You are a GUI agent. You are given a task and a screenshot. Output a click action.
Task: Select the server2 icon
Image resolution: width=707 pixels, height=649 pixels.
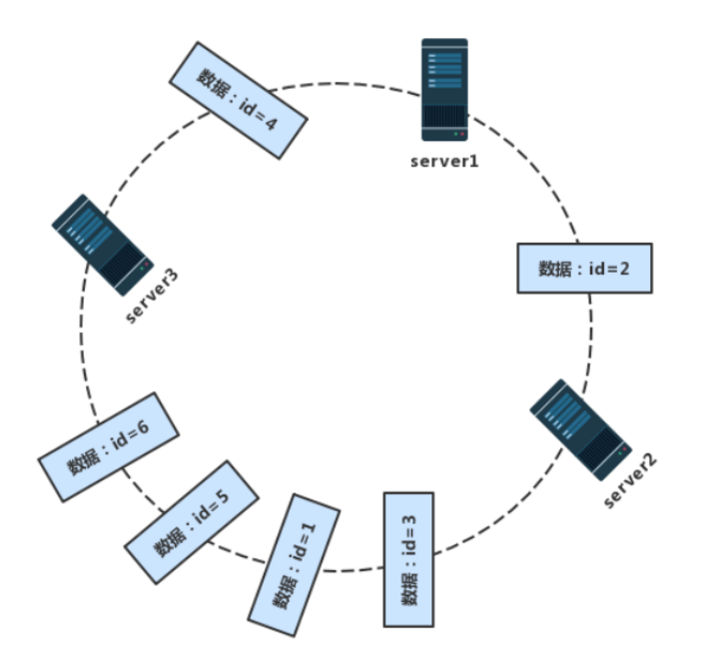[x=580, y=429]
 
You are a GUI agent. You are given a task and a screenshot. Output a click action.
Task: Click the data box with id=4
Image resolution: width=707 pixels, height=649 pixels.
[x=237, y=99]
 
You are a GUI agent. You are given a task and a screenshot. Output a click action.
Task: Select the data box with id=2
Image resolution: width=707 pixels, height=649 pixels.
[x=584, y=268]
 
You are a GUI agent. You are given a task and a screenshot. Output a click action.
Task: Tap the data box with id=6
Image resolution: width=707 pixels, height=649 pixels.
[x=109, y=447]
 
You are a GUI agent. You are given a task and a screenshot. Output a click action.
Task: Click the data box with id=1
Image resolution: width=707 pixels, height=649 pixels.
[x=295, y=564]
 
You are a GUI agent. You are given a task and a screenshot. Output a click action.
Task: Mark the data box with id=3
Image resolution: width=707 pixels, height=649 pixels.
[x=409, y=558]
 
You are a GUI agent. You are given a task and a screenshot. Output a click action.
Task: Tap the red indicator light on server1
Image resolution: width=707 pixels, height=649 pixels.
[x=461, y=134]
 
